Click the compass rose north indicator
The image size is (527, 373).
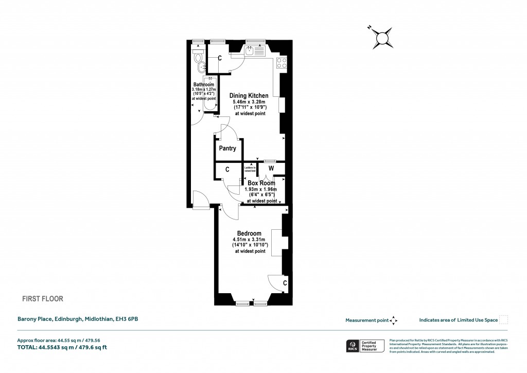pyautogui.click(x=382, y=38)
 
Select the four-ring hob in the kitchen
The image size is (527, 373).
pyautogui.click(x=282, y=63)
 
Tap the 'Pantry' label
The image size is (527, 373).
pyautogui.click(x=227, y=148)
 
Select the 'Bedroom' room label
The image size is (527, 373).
pyautogui.click(x=250, y=233)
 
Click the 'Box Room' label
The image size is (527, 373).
pyautogui.click(x=261, y=183)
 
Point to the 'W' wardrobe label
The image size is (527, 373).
pyautogui.click(x=271, y=168)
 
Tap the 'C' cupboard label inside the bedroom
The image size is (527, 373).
pyautogui.click(x=285, y=282)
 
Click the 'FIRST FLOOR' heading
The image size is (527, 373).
pyautogui.click(x=42, y=298)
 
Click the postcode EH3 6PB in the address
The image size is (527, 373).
pyautogui.click(x=126, y=319)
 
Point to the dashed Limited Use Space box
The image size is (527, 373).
pyautogui.click(x=504, y=320)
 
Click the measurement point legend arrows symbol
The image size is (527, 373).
pyautogui.click(x=394, y=320)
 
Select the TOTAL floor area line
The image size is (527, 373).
pyautogui.click(x=62, y=348)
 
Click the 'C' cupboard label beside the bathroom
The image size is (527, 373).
pyautogui.click(x=220, y=58)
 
